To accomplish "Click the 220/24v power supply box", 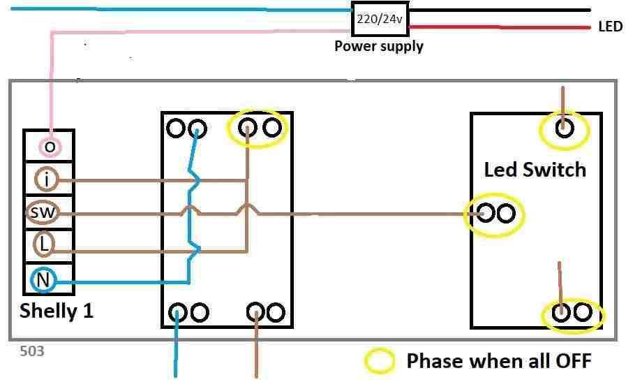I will click(379, 20).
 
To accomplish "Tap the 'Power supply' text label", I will click(378, 47).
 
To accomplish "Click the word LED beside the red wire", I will click(610, 28).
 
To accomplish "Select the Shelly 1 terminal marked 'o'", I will click(49, 147).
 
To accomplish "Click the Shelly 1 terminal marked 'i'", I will click(46, 180).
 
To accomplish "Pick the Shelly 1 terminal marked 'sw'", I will click(40, 212).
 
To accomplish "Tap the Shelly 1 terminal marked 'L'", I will click(44, 244).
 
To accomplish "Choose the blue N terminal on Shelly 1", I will click(43, 281).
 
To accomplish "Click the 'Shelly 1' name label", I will click(56, 311).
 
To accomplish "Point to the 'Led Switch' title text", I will click(535, 170).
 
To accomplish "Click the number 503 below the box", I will click(32, 351).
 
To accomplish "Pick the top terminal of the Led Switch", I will click(563, 128).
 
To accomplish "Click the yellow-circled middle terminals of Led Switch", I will click(494, 213).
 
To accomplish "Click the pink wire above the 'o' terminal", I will click(51, 84).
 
